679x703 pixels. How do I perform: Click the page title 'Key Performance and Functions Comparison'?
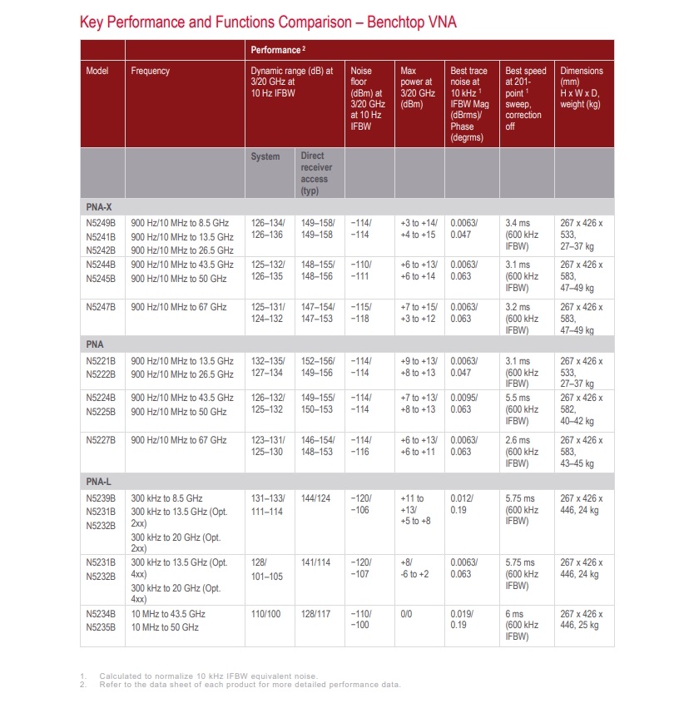268,22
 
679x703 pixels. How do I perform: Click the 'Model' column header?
97,72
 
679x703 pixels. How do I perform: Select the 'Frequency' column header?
150,72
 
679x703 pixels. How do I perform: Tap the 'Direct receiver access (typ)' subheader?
317,173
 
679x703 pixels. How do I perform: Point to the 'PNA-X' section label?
99,205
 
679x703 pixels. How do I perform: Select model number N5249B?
101,223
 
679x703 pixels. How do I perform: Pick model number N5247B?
101,307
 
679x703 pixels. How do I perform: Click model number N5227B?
101,440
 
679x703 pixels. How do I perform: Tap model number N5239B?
101,498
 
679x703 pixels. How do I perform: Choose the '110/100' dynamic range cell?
267,614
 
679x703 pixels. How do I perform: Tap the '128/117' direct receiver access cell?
316,614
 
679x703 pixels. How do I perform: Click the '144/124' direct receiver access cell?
316,498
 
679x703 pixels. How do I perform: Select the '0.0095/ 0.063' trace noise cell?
464,403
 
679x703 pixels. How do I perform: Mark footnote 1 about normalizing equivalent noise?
208,675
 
